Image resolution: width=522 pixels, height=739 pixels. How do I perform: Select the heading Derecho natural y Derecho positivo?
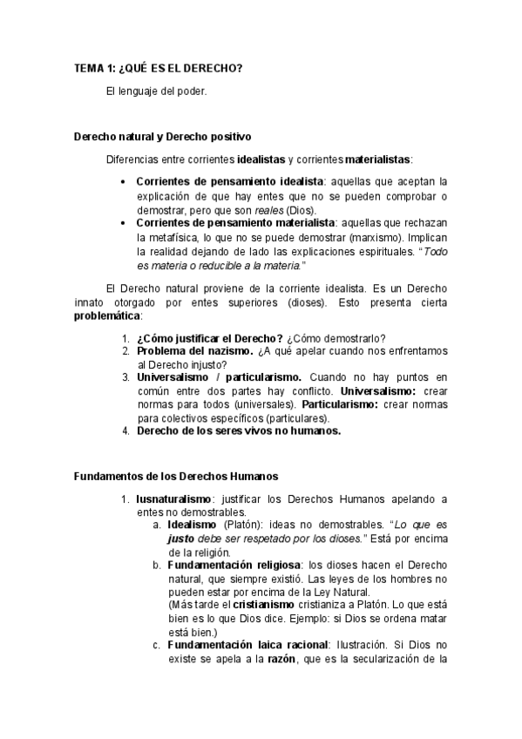163,137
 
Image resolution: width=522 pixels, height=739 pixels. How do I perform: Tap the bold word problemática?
107,317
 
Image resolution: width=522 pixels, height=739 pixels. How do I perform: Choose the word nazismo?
231,350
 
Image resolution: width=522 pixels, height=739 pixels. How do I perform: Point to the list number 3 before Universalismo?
125,377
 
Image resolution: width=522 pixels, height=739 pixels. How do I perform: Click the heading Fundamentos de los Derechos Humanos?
176,476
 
